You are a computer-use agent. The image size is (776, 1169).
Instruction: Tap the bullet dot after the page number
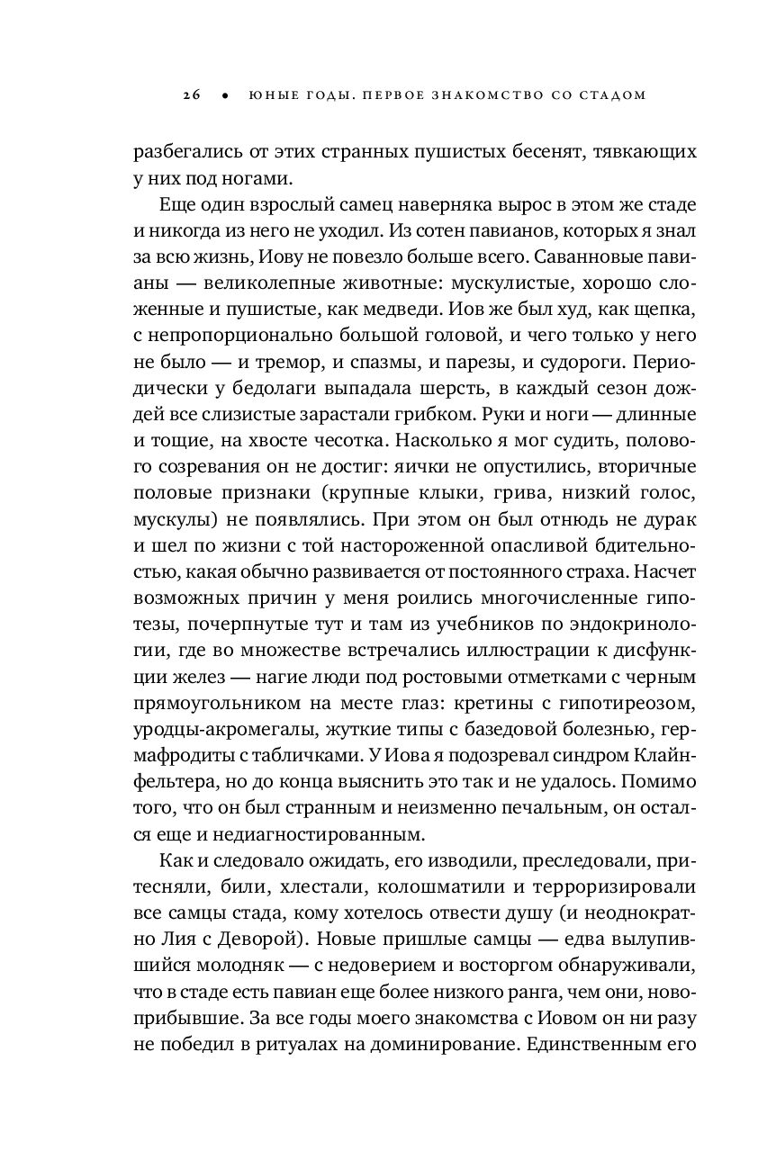click(x=225, y=94)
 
